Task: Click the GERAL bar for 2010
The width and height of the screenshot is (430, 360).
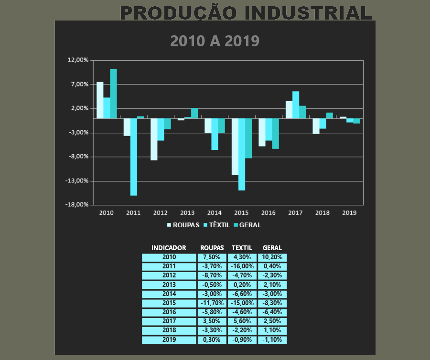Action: click(x=113, y=94)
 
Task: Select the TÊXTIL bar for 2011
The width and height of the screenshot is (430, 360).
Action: click(x=134, y=157)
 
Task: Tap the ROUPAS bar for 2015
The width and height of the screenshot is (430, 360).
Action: click(x=235, y=146)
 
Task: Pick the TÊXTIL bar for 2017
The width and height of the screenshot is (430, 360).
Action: click(x=296, y=105)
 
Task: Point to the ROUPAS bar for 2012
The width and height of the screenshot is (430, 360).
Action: click(x=154, y=139)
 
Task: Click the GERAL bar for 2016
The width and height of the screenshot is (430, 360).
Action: click(x=275, y=133)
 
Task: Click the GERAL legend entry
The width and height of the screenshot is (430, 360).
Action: click(x=247, y=224)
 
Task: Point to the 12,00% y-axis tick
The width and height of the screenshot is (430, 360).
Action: click(x=79, y=60)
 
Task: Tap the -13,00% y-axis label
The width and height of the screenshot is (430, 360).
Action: click(x=78, y=181)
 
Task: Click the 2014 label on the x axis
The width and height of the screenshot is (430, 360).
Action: click(x=215, y=212)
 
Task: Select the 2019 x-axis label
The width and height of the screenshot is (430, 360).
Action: click(x=349, y=212)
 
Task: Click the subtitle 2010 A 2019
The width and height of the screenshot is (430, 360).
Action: click(x=215, y=41)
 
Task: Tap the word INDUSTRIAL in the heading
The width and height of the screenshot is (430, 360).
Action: click(x=308, y=13)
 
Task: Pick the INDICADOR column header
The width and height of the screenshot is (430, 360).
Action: click(x=169, y=248)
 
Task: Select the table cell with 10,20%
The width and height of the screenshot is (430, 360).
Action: click(x=272, y=257)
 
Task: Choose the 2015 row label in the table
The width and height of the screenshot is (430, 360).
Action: click(x=169, y=303)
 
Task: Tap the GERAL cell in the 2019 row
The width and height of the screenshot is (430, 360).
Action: click(x=272, y=340)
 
